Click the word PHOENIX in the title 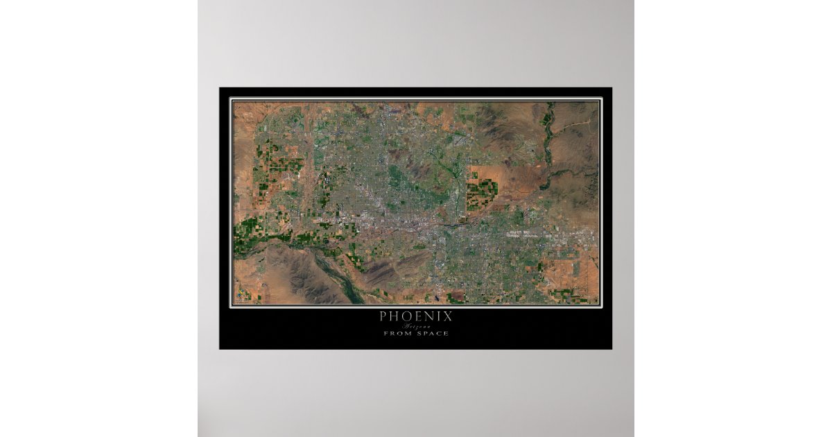tap(416, 316)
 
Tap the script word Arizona tap(416, 326)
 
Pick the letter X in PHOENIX tap(448, 316)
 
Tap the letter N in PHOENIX tap(430, 316)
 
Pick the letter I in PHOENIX tap(439, 316)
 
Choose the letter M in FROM tap(407, 334)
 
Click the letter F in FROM tap(386, 334)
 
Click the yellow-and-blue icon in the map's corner tap(239, 299)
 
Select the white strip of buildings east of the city tap(548, 236)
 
